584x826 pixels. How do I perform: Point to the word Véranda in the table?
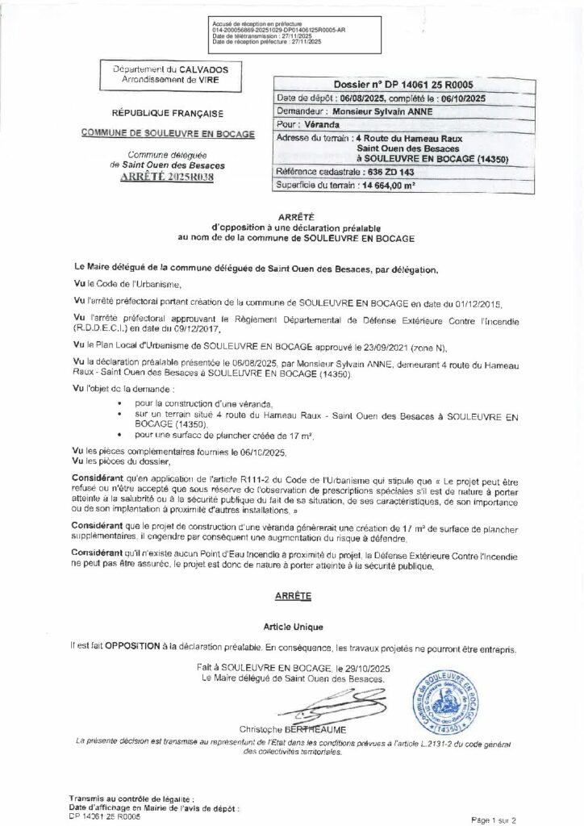click(x=319, y=126)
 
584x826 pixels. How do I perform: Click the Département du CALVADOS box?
click(x=170, y=76)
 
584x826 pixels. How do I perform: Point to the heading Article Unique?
click(x=292, y=625)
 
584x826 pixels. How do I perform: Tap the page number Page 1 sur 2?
click(x=506, y=819)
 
